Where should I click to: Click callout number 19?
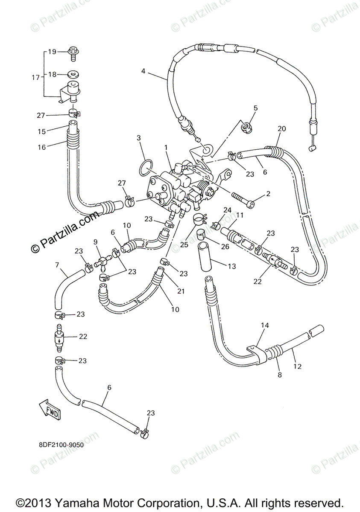pos(52,52)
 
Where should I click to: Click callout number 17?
pos(35,78)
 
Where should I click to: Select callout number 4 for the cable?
pos(143,71)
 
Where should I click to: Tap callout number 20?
pos(281,128)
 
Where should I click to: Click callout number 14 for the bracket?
pos(265,326)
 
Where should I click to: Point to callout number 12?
pos(297,366)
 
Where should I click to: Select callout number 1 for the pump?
pos(166,147)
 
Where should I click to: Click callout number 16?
pos(41,147)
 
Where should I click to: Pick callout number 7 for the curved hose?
pos(57,265)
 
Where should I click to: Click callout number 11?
pos(240,215)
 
